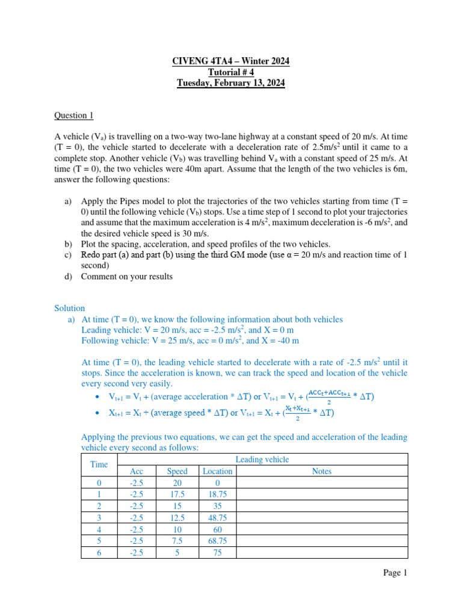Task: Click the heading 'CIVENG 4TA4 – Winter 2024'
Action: (231, 62)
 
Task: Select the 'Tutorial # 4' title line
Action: (231, 73)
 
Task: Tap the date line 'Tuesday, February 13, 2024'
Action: (231, 84)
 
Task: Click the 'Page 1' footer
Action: (395, 573)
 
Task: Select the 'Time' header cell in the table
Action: (99, 464)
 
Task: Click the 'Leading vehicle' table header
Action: (262, 460)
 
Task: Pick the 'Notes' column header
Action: (322, 471)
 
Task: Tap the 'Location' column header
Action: (217, 471)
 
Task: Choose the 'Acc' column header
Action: (137, 471)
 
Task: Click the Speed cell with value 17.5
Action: (177, 494)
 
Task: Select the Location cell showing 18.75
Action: (217, 494)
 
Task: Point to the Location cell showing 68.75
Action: (217, 541)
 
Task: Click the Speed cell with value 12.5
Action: (177, 518)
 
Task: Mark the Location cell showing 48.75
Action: (217, 518)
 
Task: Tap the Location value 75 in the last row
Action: (217, 552)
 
